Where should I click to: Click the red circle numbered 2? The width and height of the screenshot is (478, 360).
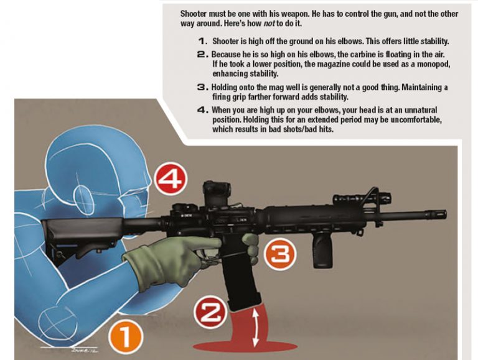(x=209, y=313)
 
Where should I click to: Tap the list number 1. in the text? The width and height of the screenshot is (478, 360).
(x=200, y=41)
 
